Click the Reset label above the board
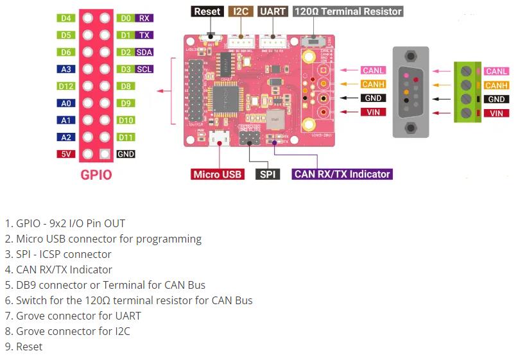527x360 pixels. [207, 12]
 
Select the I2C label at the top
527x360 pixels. [241, 12]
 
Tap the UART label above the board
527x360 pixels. [273, 12]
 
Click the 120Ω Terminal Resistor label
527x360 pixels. [348, 12]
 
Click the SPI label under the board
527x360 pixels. [267, 174]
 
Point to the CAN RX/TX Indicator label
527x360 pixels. [341, 174]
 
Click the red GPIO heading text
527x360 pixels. [96, 175]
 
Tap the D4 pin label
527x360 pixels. [66, 19]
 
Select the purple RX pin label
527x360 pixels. [144, 19]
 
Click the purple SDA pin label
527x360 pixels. [144, 53]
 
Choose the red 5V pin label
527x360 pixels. [66, 154]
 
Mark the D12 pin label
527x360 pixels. [66, 86]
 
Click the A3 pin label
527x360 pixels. [66, 69]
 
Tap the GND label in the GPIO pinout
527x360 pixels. [126, 154]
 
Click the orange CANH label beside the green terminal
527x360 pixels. [496, 85]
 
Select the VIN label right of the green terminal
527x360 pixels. [496, 114]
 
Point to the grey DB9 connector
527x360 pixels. [411, 91]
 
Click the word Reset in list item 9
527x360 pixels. [29, 347]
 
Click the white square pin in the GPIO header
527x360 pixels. [105, 154]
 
